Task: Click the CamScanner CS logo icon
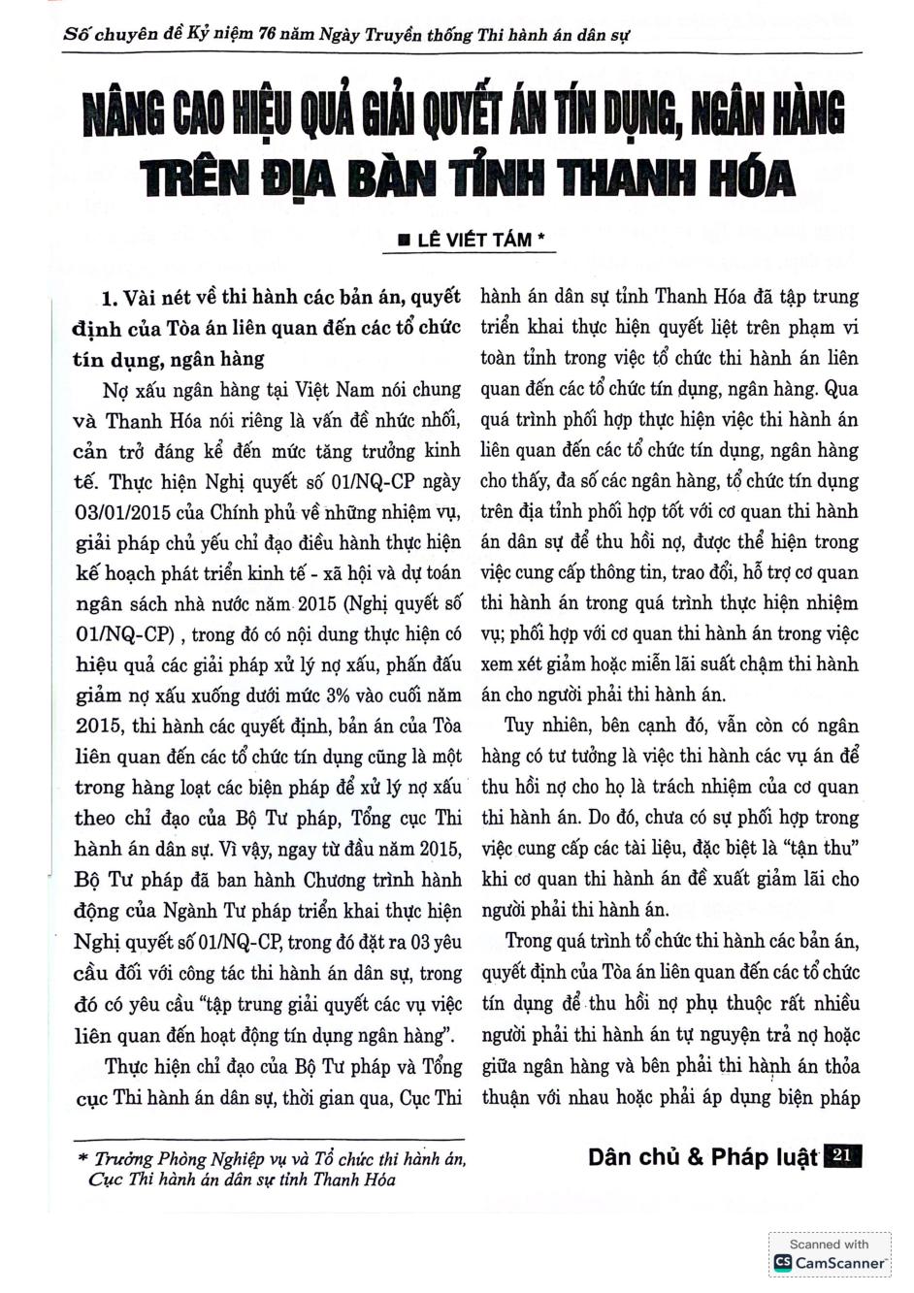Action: [x=782, y=1262]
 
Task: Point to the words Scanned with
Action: [x=829, y=1244]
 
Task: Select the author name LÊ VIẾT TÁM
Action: [x=473, y=240]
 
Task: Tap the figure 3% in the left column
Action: [x=341, y=695]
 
